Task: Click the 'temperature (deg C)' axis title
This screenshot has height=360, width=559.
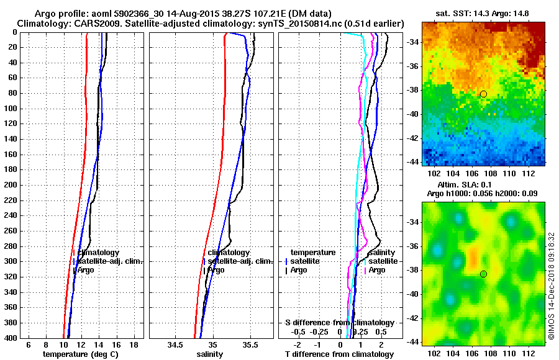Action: (80, 354)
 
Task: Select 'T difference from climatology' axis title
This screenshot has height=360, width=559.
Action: (339, 354)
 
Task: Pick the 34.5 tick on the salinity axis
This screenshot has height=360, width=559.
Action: (175, 344)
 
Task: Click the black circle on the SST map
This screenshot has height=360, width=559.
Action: (483, 94)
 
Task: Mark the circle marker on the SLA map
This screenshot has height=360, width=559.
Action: (483, 274)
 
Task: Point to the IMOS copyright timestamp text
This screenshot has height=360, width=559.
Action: (550, 286)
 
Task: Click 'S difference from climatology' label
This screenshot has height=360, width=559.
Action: (339, 323)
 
